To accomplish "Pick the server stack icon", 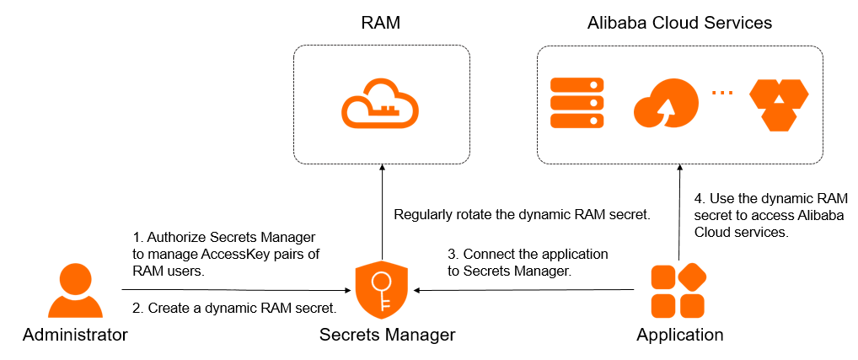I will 577,103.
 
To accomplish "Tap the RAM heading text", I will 380,23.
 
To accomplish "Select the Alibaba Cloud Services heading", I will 679,23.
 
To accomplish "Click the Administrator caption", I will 75,335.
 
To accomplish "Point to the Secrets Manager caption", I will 387,335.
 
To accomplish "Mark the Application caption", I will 679,335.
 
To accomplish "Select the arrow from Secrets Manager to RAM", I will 382,211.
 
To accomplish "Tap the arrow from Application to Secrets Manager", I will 523,289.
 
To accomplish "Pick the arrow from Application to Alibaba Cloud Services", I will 678,211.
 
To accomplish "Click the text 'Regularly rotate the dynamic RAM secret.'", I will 523,214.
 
